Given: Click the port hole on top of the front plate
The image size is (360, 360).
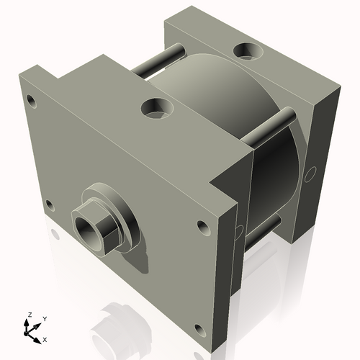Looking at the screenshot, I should [156, 109].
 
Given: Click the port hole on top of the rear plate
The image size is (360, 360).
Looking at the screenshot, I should [248, 50].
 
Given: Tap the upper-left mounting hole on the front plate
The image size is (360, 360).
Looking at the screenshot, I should [31, 99].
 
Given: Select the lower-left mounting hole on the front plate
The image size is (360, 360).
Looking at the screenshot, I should [50, 205].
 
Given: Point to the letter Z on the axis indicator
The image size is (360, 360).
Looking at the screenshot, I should [29, 315].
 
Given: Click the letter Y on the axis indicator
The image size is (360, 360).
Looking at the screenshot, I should [44, 319].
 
